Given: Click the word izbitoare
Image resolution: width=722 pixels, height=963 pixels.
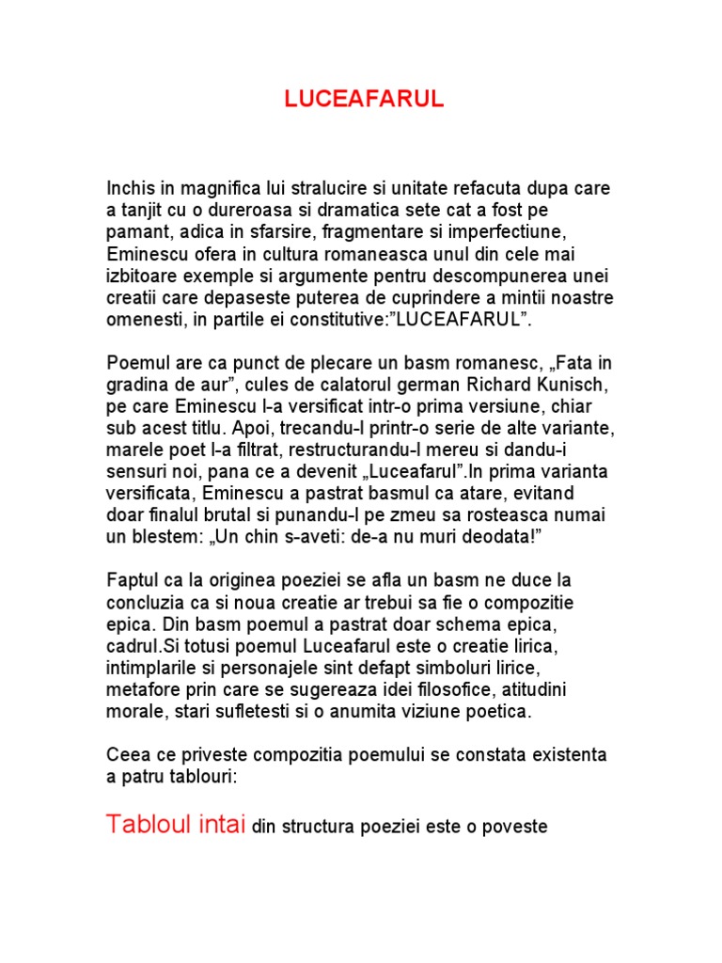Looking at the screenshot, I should point(143,276).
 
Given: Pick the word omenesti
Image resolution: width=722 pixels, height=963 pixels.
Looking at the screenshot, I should point(142,320).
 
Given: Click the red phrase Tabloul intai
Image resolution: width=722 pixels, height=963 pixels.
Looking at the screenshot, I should point(176,825).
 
